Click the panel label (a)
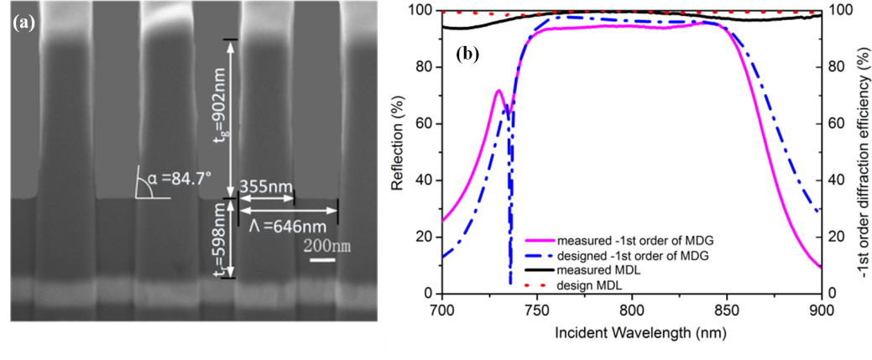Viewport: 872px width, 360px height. click(x=22, y=23)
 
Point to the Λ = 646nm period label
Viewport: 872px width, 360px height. click(x=288, y=224)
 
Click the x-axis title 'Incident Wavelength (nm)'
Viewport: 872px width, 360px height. click(x=632, y=332)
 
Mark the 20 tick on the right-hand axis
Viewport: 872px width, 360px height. click(x=837, y=237)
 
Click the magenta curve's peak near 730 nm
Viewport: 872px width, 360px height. click(x=499, y=90)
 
